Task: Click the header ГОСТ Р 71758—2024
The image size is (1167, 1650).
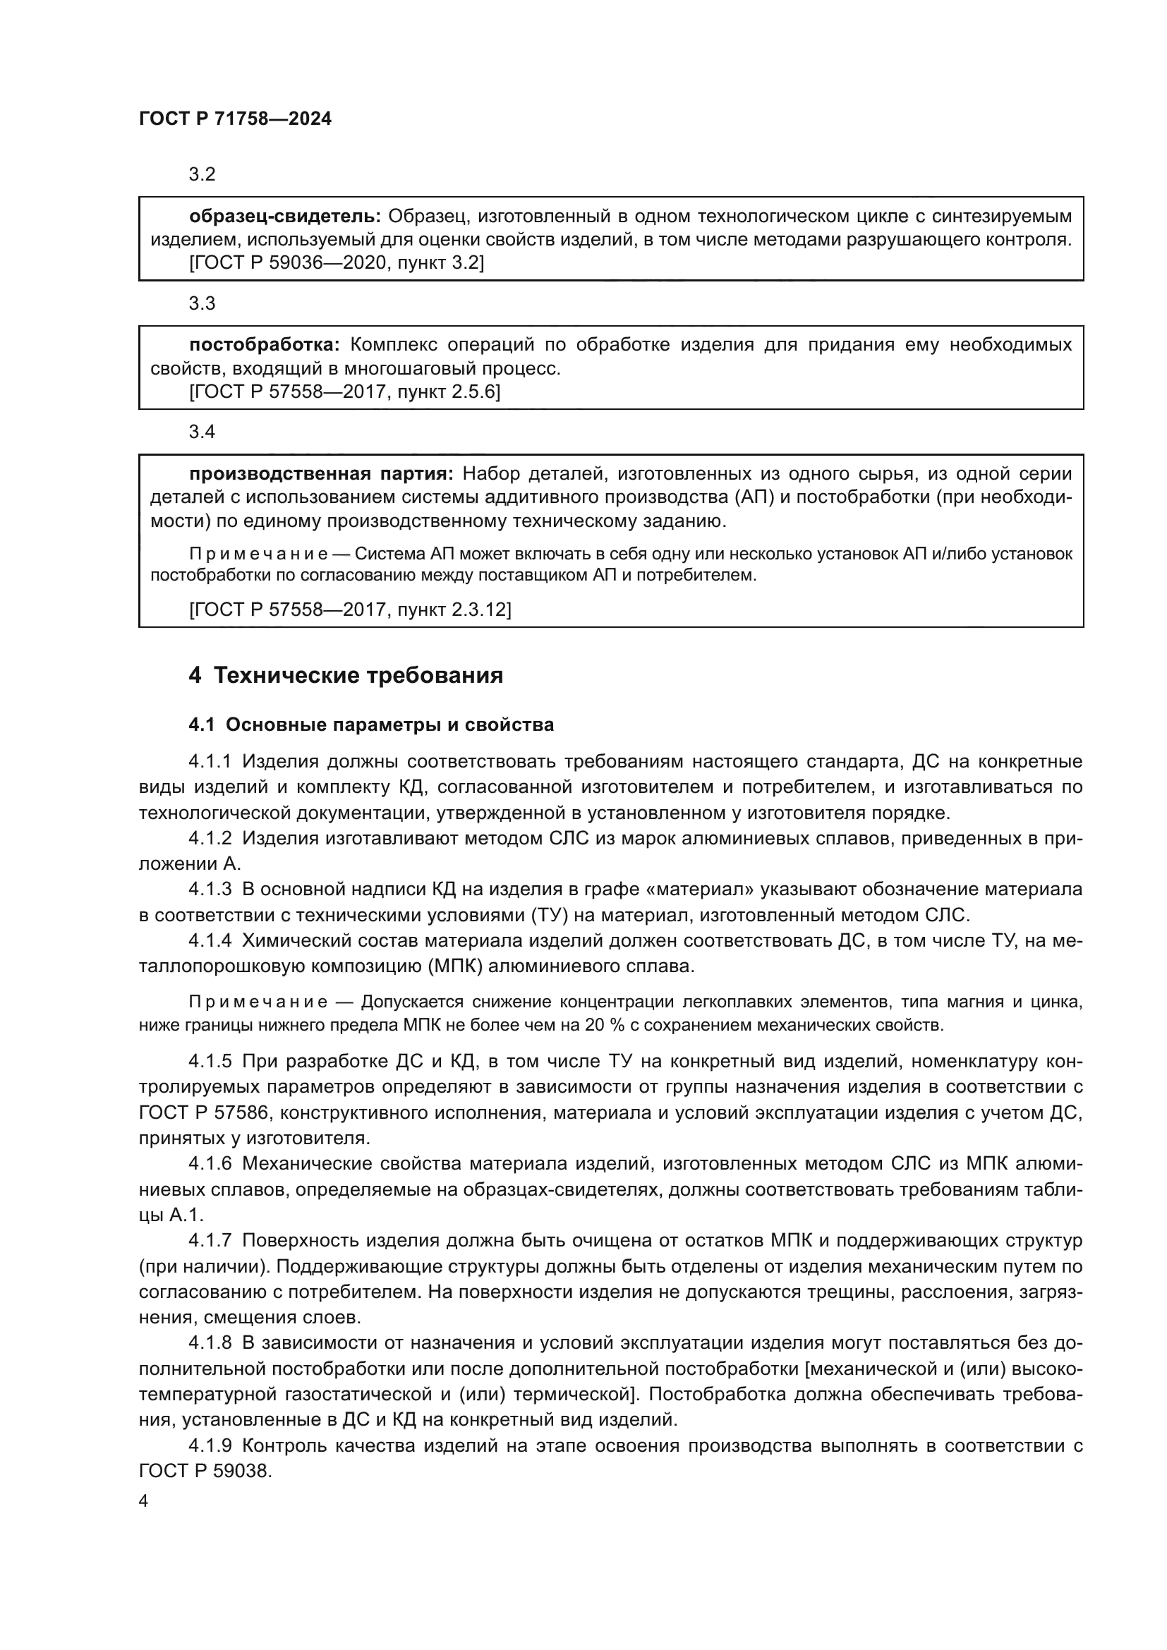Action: point(235,119)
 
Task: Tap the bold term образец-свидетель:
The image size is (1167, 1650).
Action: point(285,217)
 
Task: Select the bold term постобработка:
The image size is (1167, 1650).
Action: point(264,345)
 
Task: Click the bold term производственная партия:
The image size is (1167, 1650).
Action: point(321,474)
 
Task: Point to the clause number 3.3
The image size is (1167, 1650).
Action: point(202,304)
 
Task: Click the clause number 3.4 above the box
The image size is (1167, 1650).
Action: point(202,432)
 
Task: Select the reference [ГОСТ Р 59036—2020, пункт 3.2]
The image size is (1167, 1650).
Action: point(337,264)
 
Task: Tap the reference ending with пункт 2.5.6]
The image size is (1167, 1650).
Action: point(345,392)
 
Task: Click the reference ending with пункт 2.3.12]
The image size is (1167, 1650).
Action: point(350,610)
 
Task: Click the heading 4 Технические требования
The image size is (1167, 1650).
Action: point(346,677)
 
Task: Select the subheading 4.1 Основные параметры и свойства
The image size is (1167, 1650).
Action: point(371,725)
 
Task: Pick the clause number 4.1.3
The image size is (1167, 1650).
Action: point(210,890)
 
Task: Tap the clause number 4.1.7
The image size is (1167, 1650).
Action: point(210,1241)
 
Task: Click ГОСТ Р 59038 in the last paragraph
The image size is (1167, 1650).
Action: point(205,1471)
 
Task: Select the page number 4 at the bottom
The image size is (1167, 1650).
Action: point(144,1502)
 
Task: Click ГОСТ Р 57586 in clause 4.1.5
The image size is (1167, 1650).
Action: point(204,1113)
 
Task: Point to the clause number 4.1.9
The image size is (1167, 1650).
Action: point(210,1445)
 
